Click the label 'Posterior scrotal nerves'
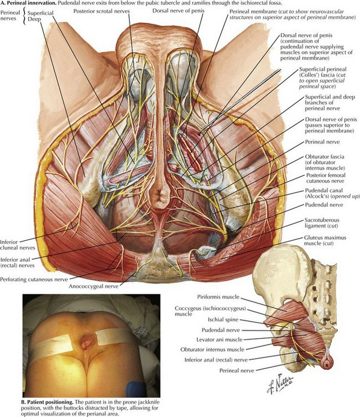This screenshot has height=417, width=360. tap(102, 11)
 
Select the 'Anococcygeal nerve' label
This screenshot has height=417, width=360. tap(94, 286)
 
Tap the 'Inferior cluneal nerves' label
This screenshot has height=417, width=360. tap(18, 245)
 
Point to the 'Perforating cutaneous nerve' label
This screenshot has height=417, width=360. tap(34, 279)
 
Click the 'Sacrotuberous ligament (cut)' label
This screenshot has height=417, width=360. tap(322, 223)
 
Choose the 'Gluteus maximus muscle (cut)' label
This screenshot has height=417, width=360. tap(325, 240)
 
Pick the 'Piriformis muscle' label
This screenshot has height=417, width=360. tap(218, 297)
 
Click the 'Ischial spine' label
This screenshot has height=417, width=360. tap(223, 320)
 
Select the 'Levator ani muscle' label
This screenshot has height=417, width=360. tap(219, 340)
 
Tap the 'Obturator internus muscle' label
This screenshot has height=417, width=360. tap(212, 350)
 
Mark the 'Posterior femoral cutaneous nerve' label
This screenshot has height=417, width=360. tap(326, 178)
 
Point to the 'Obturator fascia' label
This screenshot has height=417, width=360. tap(324, 157)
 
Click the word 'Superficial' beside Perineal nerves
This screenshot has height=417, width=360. tap(41, 13)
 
